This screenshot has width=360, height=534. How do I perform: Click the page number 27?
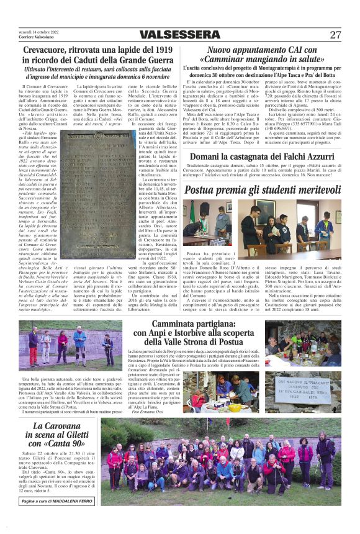point(335,34)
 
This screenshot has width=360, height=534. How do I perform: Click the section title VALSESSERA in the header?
point(179,34)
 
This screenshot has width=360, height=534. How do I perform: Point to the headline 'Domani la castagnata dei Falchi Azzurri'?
point(263,157)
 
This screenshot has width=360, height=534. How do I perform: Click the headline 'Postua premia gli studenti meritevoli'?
point(263,188)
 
